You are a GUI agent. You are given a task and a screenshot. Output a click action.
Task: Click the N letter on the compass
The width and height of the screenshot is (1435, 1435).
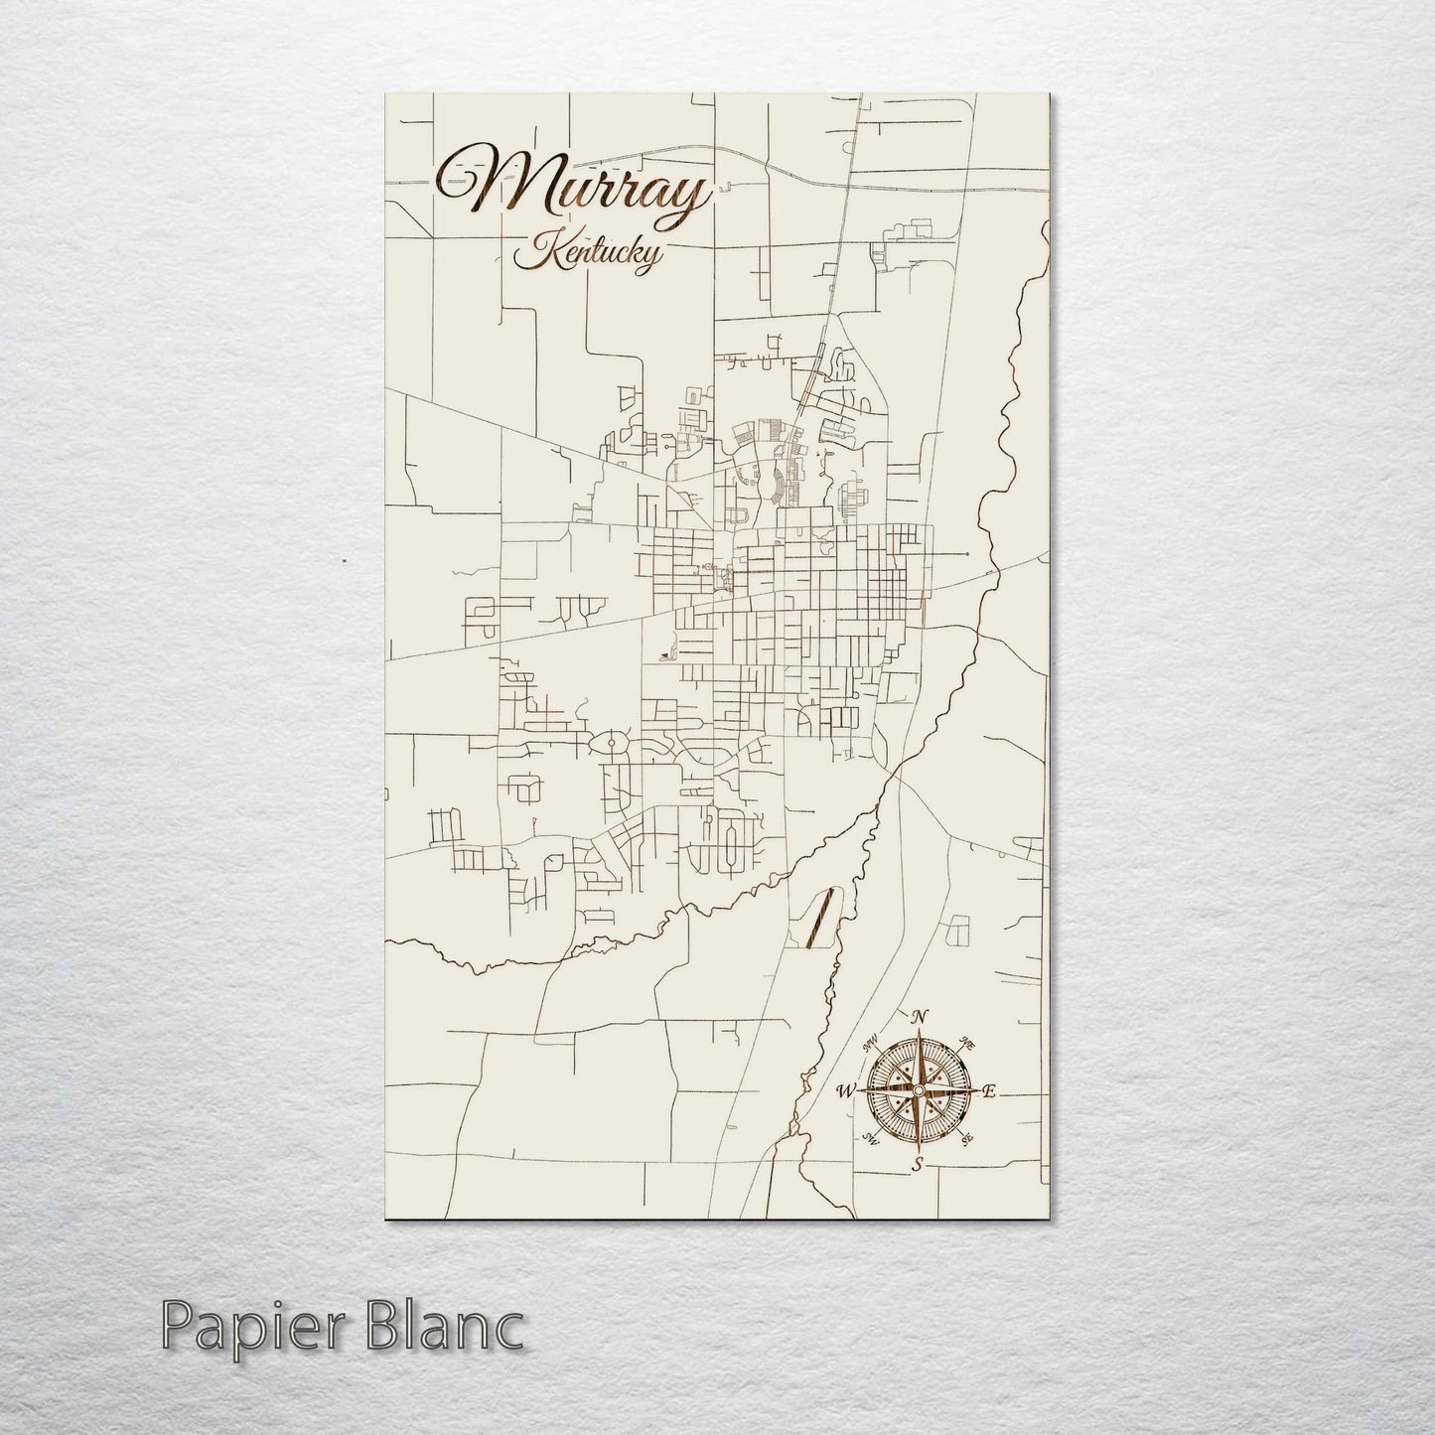click(x=920, y=1016)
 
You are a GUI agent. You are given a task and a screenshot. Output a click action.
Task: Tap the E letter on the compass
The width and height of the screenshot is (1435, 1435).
click(x=989, y=1091)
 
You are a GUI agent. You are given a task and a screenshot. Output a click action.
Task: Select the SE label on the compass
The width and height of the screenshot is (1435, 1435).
click(x=967, y=1139)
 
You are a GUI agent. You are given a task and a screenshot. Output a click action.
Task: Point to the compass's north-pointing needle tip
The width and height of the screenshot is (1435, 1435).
click(x=920, y=1033)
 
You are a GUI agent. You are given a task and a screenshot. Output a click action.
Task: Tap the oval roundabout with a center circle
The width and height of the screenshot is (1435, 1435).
click(x=611, y=743)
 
